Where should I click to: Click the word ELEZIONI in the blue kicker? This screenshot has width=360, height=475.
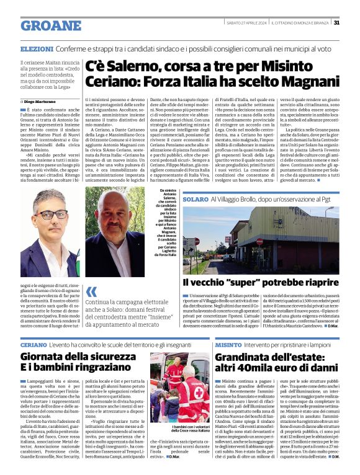click(x=37, y=48)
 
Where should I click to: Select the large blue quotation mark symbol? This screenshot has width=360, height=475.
click(x=92, y=293)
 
